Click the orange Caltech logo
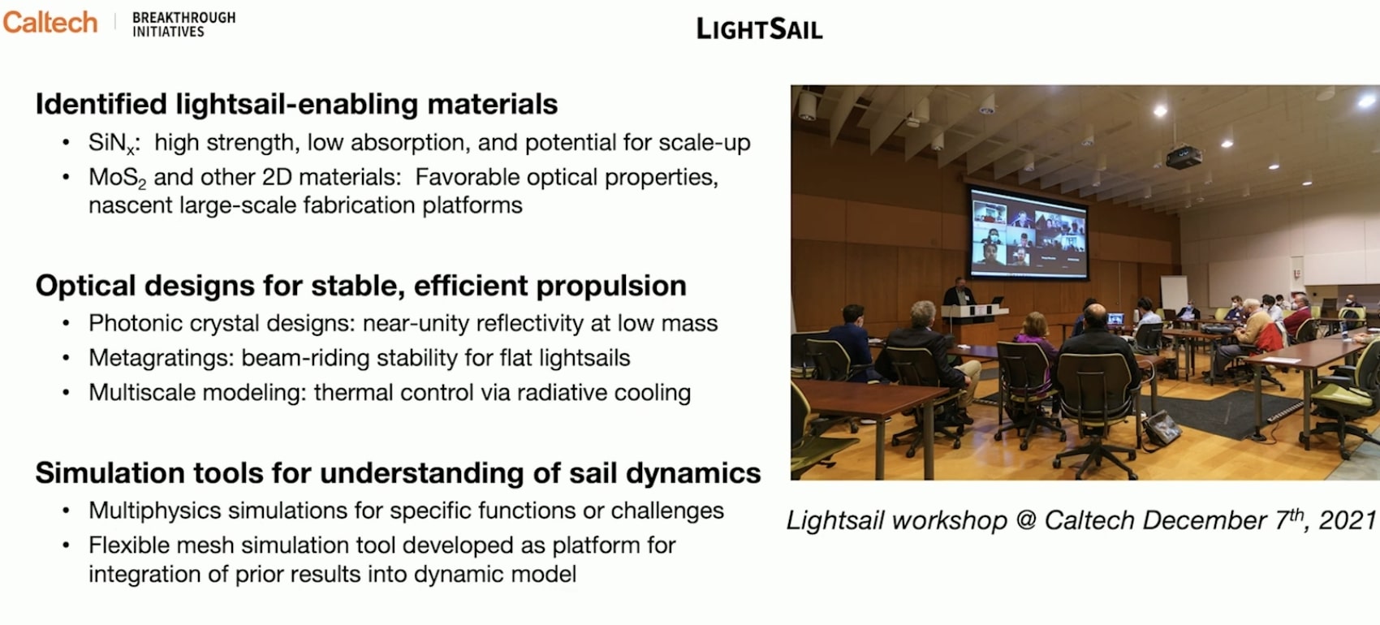(50, 23)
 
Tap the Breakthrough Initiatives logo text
(183, 24)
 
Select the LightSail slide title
(759, 29)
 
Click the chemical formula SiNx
(111, 143)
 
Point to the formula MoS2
(117, 178)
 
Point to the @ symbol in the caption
(1025, 521)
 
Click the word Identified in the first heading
(101, 103)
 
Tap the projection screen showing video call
(1028, 232)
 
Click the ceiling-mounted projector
(1184, 157)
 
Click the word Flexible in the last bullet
(127, 545)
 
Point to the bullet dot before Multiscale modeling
(66, 393)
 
